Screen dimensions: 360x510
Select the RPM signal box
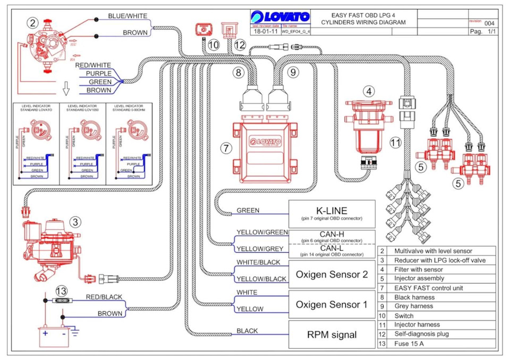(331, 335)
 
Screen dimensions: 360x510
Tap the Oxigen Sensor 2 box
(331, 274)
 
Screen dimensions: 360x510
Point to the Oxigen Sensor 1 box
(331, 304)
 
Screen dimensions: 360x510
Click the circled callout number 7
(227, 148)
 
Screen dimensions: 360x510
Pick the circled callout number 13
(62, 290)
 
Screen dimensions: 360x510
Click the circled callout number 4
(369, 91)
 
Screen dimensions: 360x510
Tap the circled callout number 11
(394, 142)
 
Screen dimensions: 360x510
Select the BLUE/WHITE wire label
(127, 16)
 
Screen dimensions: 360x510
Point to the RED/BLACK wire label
(104, 297)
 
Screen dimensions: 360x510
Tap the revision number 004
(489, 23)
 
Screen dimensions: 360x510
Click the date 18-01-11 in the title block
(265, 32)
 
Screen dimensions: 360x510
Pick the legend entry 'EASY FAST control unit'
(429, 288)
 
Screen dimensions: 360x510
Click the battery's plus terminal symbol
(46, 333)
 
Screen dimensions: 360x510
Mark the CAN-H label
(331, 233)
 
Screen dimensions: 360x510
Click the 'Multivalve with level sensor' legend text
(432, 251)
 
